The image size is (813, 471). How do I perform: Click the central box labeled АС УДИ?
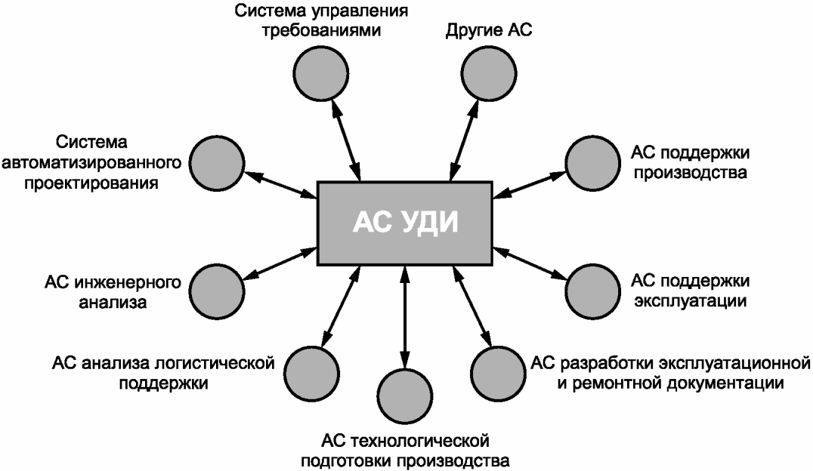point(404,223)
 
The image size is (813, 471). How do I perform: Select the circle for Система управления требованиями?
point(320,73)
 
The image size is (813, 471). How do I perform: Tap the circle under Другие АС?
point(489,73)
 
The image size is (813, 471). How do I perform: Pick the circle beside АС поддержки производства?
point(592,163)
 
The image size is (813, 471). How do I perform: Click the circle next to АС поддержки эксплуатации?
point(592,291)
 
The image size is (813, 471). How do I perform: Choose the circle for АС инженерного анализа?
point(216,291)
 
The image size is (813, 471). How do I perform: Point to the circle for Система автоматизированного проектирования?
point(216,163)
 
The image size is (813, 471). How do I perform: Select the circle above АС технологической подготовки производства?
point(405,396)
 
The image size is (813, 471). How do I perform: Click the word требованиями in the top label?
point(321,31)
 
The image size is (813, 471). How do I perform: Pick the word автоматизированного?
point(91,163)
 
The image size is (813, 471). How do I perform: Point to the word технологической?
point(420,442)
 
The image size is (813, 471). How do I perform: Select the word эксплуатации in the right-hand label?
point(691,301)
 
